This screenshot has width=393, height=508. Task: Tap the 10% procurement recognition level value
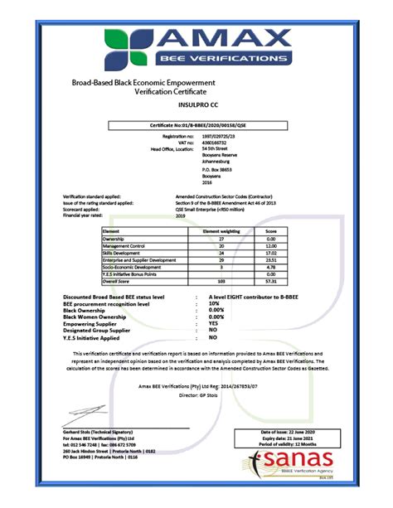click(x=213, y=305)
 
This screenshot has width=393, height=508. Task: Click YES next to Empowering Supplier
click(x=214, y=325)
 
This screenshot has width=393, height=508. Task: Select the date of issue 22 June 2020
click(x=291, y=433)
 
